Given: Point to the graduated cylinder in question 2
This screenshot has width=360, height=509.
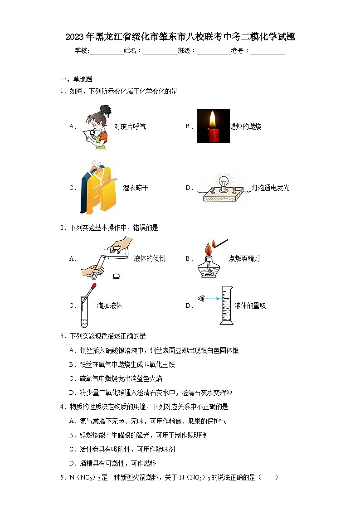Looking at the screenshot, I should tap(226, 305).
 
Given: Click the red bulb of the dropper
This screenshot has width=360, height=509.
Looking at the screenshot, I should tap(93, 286).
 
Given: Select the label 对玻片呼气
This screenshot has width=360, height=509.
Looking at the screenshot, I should tap(130, 127).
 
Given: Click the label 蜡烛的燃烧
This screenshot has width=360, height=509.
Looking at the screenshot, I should tap(245, 127).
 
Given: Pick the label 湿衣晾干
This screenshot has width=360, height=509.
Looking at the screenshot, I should tap(136, 188).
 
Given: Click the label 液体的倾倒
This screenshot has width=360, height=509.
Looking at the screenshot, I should tap(149, 259).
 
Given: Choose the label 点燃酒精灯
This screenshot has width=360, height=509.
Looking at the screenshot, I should tap(244, 259).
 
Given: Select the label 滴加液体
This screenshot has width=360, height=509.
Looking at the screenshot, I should tap(109, 306).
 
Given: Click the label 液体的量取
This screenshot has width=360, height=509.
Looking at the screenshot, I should tap(250, 306).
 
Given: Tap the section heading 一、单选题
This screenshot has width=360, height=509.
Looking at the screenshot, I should tap(76, 79).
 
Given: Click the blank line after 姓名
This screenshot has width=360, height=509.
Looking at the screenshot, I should tap(160, 51).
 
